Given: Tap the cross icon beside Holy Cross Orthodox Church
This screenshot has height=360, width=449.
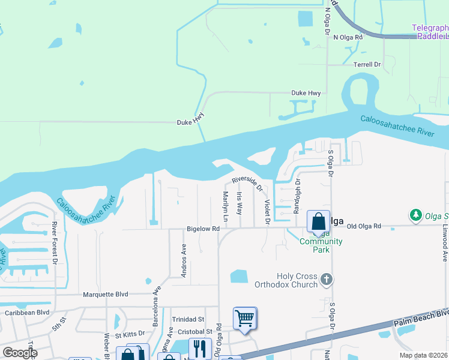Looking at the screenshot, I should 326,279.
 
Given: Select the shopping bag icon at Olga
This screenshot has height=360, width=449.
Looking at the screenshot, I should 318,221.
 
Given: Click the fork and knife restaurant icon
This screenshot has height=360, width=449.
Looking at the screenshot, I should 200,348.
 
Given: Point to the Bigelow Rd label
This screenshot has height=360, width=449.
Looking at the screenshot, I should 203,229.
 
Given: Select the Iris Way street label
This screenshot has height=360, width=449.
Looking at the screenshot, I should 240,204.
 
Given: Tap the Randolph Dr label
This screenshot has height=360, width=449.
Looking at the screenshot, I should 296,196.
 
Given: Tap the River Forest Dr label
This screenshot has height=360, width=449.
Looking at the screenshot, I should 54,243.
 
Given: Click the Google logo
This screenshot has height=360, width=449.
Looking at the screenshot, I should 20,353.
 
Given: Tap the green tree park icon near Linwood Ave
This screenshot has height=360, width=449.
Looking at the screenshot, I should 414,214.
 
